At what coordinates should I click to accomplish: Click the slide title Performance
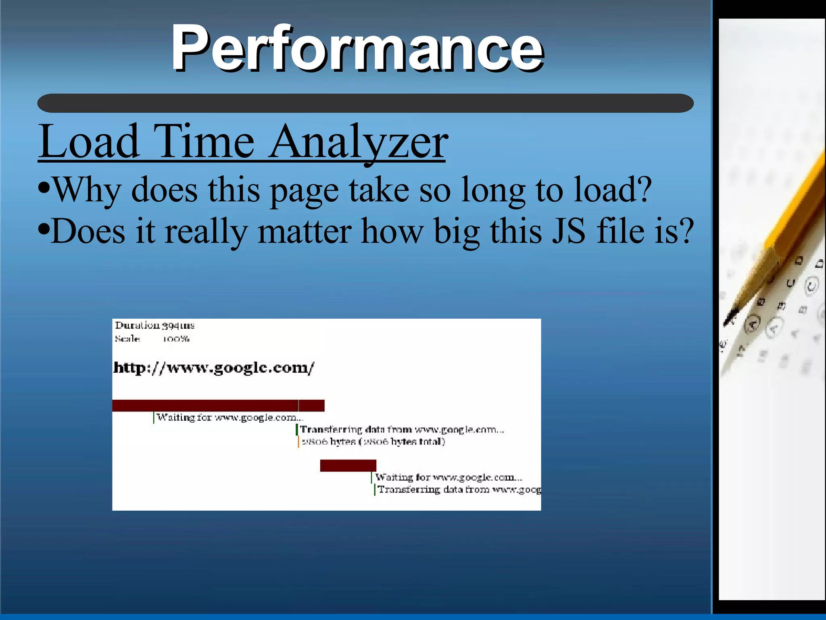pos(357,48)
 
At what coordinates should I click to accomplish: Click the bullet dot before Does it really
pos(44,230)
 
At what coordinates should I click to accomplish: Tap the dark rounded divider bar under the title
pos(365,103)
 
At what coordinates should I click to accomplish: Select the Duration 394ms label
pos(155,325)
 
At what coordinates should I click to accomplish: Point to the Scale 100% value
pos(176,339)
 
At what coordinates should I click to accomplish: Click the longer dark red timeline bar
pos(218,405)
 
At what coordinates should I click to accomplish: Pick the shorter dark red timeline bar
pos(348,466)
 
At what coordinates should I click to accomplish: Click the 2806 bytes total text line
pos(373,442)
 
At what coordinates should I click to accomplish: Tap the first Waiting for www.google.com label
pos(229,418)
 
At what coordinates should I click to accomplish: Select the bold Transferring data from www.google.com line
pos(402,430)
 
